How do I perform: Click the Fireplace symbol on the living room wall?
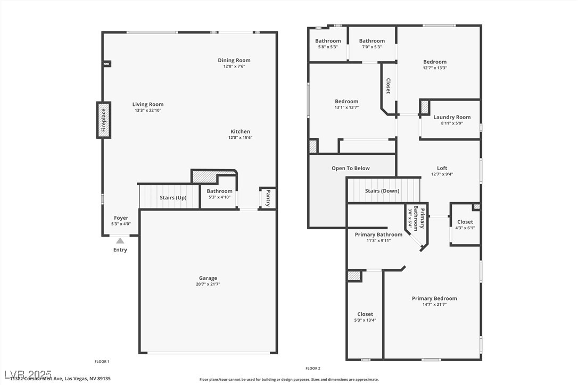(x=104, y=120)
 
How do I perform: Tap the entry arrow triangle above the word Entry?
(x=120, y=241)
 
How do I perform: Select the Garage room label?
(x=208, y=278)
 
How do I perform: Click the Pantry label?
(x=268, y=197)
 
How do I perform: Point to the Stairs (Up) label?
(x=173, y=198)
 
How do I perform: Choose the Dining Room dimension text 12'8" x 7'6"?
(x=234, y=66)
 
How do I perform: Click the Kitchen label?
(x=240, y=131)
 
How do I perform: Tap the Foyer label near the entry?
(x=121, y=217)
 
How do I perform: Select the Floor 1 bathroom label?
(x=219, y=191)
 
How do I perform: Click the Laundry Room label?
(x=452, y=117)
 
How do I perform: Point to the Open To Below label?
(x=350, y=168)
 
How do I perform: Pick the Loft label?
(x=442, y=168)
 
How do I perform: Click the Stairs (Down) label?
(x=382, y=191)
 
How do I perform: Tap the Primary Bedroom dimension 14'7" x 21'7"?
(x=434, y=305)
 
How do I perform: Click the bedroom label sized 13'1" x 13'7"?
(x=346, y=101)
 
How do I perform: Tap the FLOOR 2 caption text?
(x=312, y=368)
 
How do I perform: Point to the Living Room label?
(x=148, y=104)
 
